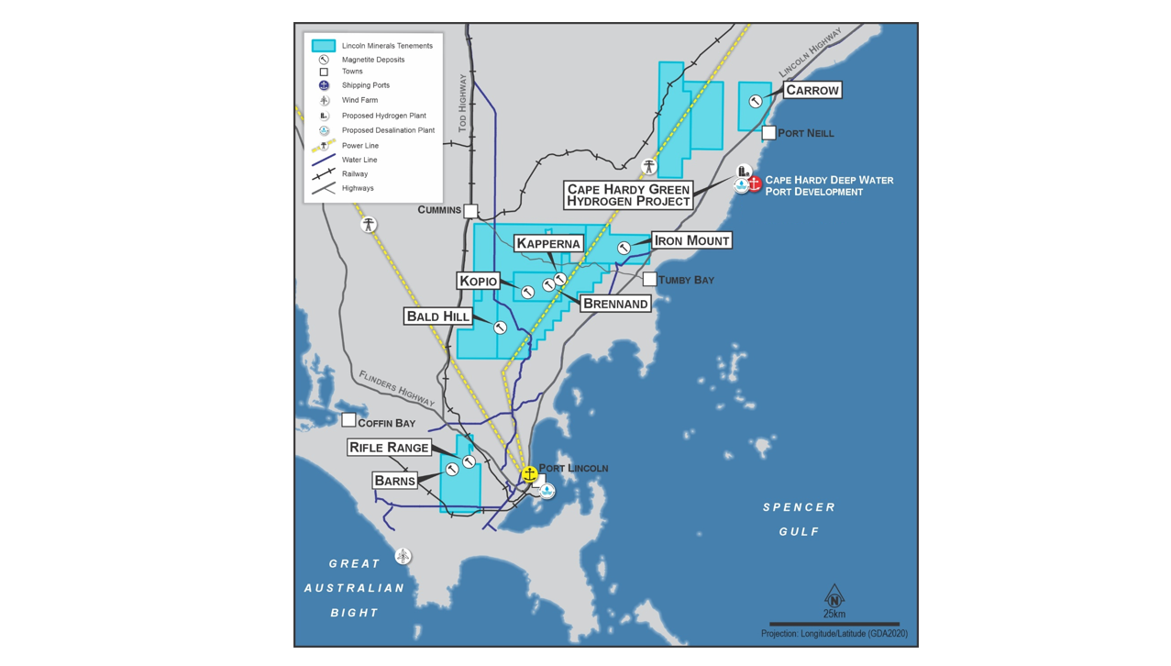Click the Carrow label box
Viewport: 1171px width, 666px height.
pyautogui.click(x=812, y=90)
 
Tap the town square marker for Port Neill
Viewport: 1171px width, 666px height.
pyautogui.click(x=768, y=133)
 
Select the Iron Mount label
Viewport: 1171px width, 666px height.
pyautogui.click(x=691, y=240)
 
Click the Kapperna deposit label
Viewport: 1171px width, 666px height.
pyautogui.click(x=548, y=243)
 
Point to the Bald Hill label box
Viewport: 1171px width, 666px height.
pyautogui.click(x=438, y=316)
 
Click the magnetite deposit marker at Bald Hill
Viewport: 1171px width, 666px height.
pyautogui.click(x=501, y=327)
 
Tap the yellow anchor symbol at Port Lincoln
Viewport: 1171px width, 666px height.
pyautogui.click(x=529, y=473)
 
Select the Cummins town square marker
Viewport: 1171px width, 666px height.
pyautogui.click(x=470, y=211)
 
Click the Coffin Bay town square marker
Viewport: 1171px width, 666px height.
pyautogui.click(x=348, y=420)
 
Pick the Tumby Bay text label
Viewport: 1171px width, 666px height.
pyautogui.click(x=686, y=280)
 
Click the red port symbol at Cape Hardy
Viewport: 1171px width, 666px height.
pyautogui.click(x=754, y=183)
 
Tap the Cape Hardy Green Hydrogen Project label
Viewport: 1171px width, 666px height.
pyautogui.click(x=628, y=194)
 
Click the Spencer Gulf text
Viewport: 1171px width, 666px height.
pyautogui.click(x=799, y=519)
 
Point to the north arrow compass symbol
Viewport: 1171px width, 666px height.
pyautogui.click(x=834, y=595)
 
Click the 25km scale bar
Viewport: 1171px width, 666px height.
pyautogui.click(x=834, y=624)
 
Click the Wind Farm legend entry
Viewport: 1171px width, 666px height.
pyautogui.click(x=359, y=100)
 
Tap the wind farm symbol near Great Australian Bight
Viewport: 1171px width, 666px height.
pyautogui.click(x=403, y=556)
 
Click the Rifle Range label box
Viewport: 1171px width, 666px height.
pyautogui.click(x=389, y=448)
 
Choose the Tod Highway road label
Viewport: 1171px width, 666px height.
pyautogui.click(x=462, y=103)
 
